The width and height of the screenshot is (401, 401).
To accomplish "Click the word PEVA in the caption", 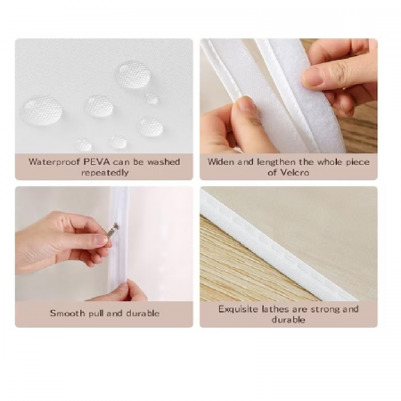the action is point(96,162).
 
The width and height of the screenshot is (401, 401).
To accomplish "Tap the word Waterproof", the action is point(54,162).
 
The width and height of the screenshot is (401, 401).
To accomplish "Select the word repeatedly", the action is point(105,173).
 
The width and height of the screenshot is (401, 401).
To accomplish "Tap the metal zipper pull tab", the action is point(111,230).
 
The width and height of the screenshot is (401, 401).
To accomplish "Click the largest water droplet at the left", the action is point(41,110).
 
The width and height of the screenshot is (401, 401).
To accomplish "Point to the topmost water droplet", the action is point(133,74).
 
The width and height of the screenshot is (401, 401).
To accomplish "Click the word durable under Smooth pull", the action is point(143,313).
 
